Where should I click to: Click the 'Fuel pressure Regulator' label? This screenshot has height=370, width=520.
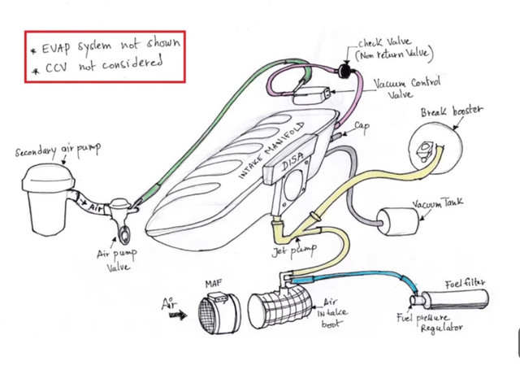point(430,323)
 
